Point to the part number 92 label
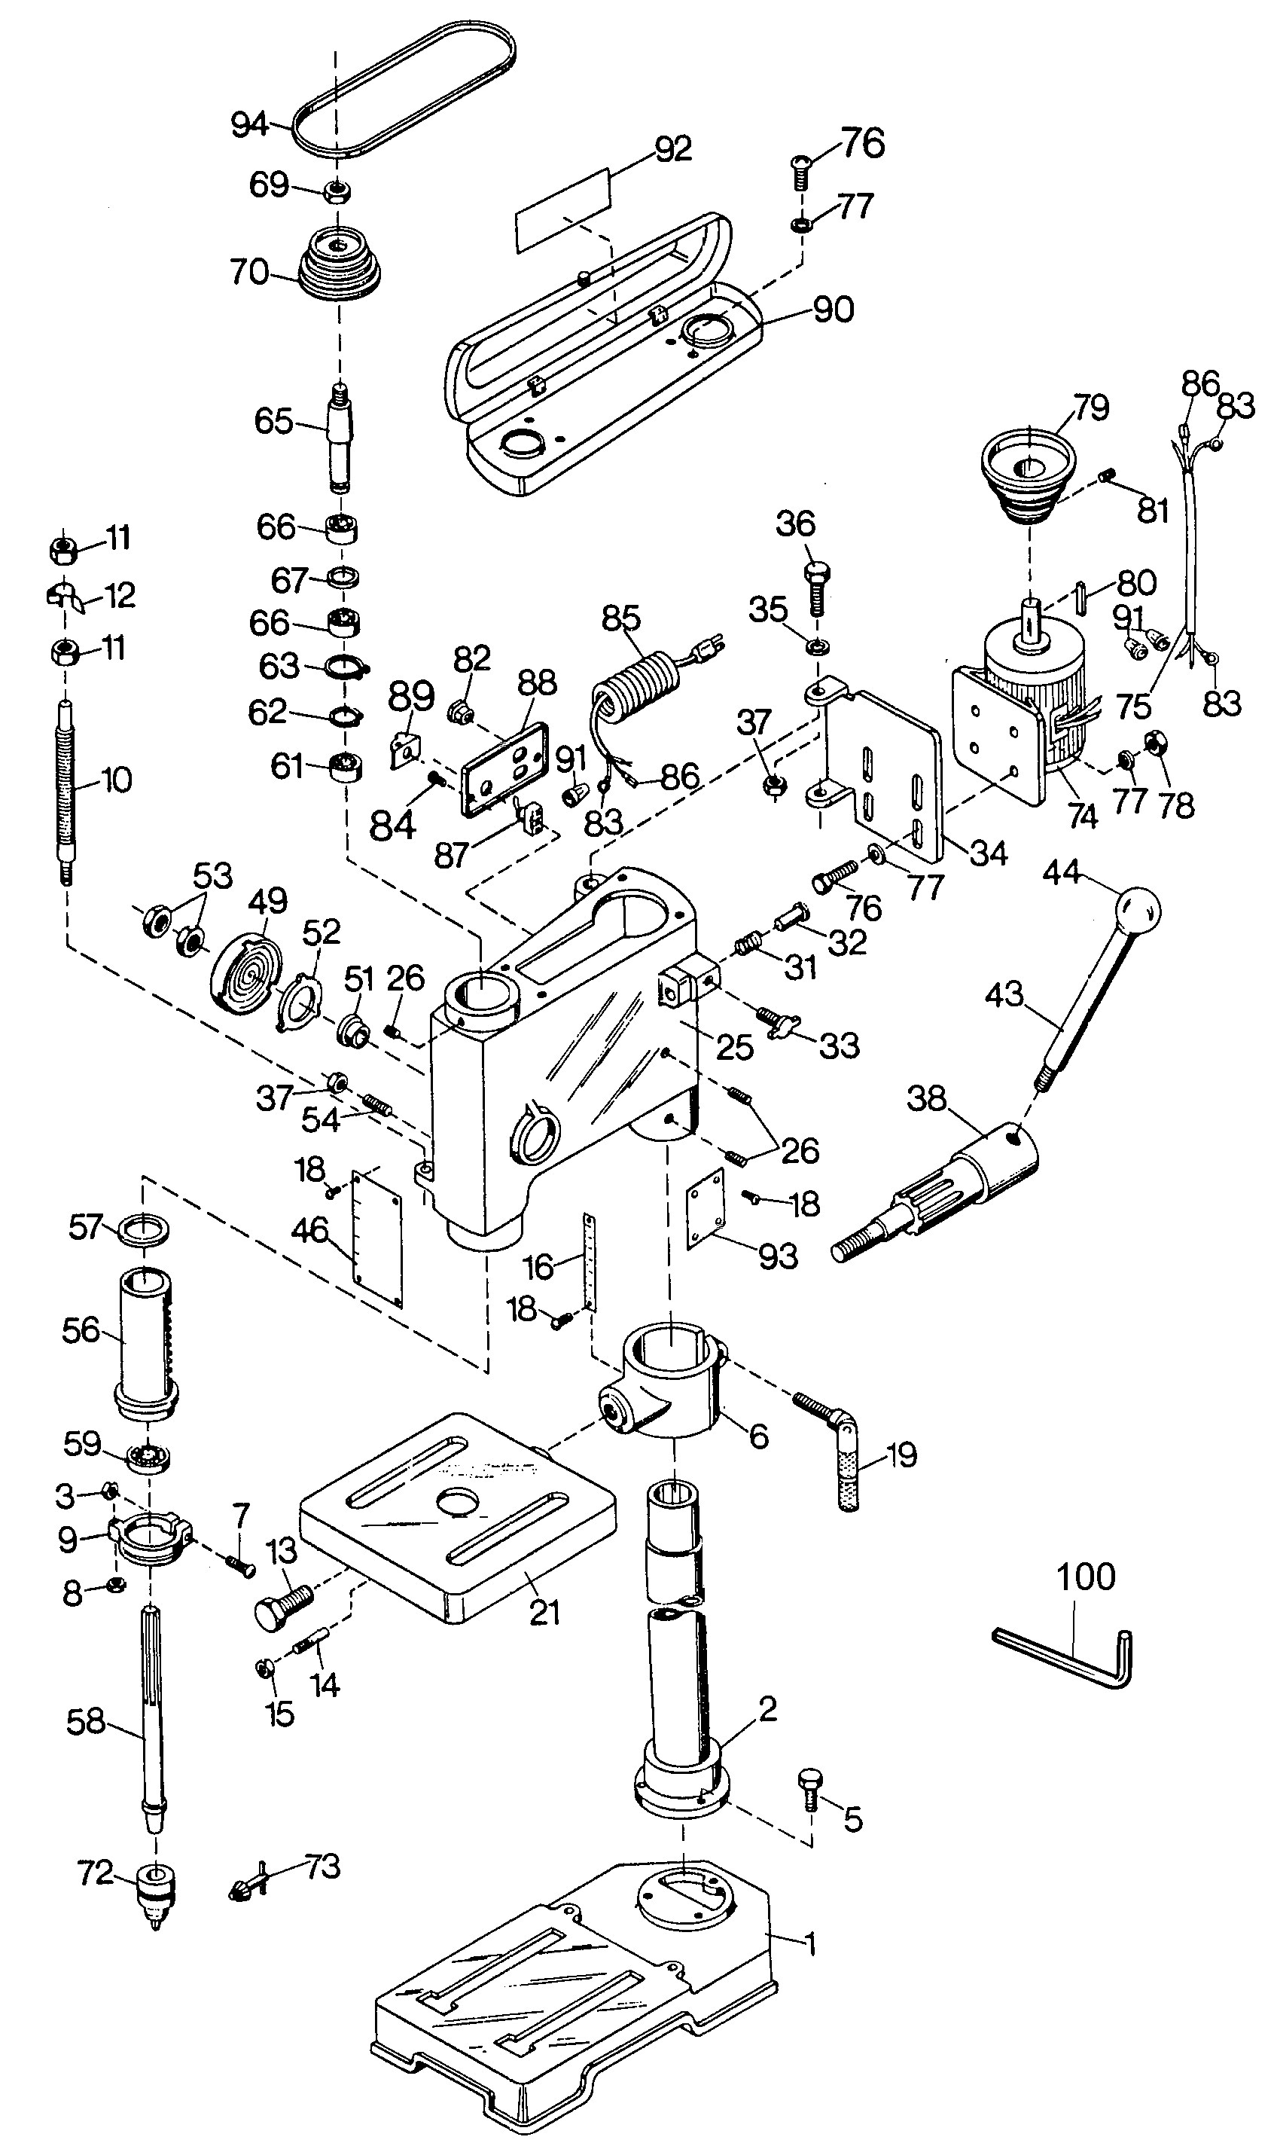pos(673,149)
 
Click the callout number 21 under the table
pos(544,1613)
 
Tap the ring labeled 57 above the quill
pos(143,1229)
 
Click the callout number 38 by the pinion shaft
pos(927,1099)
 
